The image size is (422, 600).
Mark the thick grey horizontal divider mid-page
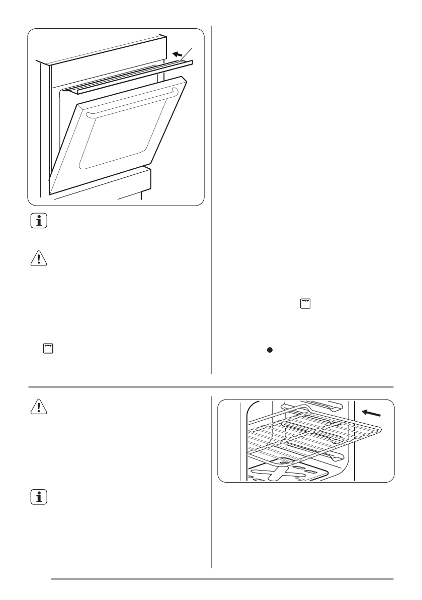coord(211,387)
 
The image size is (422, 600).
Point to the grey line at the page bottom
coord(221,578)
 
